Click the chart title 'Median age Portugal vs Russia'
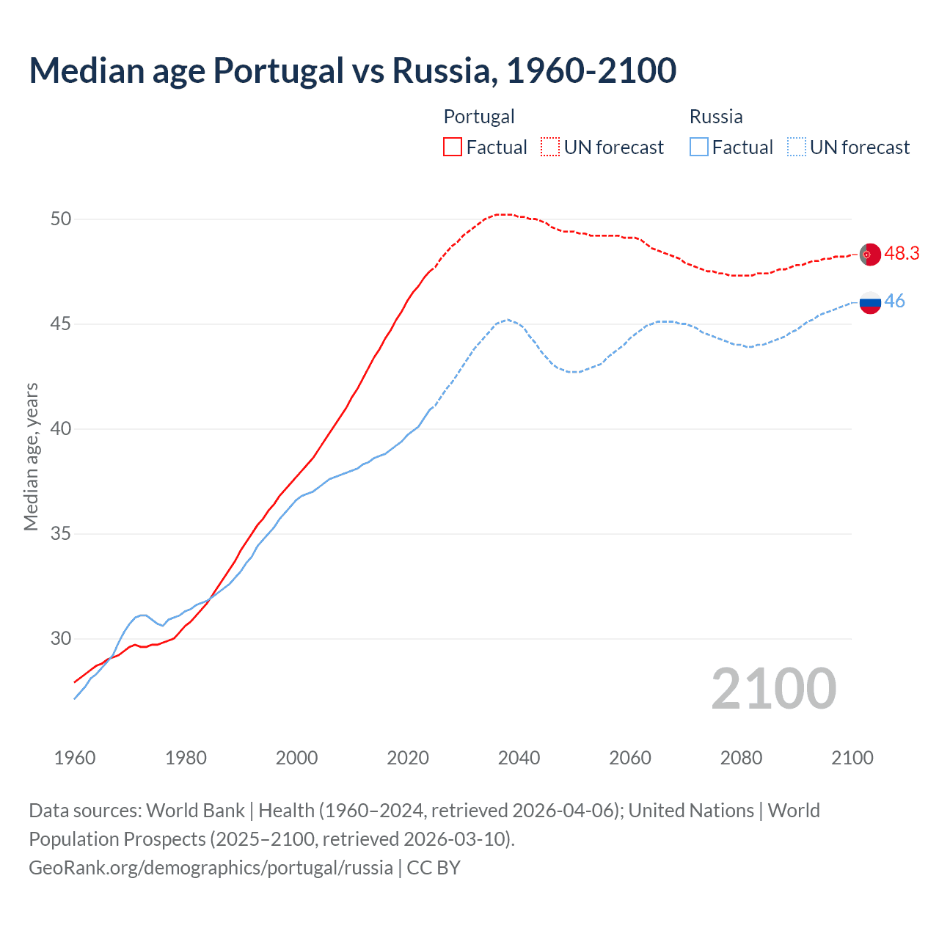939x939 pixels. (x=352, y=70)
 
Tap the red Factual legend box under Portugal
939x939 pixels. (x=453, y=147)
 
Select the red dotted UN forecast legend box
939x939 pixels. (x=550, y=147)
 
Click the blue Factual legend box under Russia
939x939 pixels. (x=699, y=147)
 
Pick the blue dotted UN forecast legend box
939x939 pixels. (x=797, y=147)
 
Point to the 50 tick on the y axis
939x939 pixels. (x=62, y=219)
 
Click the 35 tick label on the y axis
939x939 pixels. (x=62, y=533)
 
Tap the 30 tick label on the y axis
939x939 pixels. (x=62, y=638)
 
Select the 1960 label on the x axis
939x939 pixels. (x=75, y=758)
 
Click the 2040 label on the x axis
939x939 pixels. (x=519, y=758)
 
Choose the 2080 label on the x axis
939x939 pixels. (x=741, y=758)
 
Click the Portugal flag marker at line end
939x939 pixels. (x=870, y=254)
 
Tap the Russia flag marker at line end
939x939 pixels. (x=870, y=302)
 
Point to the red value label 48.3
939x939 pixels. (x=902, y=253)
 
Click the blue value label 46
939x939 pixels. (x=895, y=302)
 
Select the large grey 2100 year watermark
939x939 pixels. (x=773, y=689)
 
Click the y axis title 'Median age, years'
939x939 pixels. (x=31, y=456)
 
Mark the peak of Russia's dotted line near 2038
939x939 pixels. (x=507, y=319)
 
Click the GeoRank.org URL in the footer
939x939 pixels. (x=211, y=867)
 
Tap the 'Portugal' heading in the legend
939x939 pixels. (x=479, y=117)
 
